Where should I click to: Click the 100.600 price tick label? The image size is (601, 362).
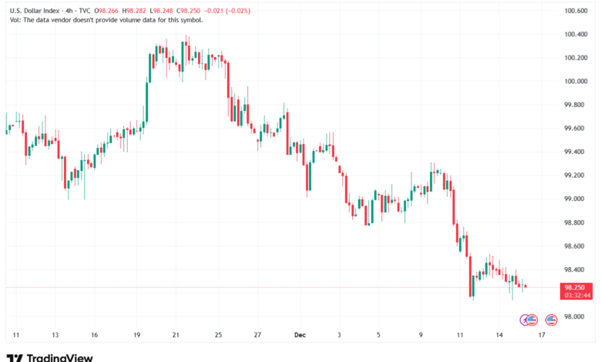click(576, 11)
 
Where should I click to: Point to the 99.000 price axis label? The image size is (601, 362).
click(576, 199)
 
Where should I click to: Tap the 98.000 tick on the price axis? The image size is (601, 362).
click(576, 317)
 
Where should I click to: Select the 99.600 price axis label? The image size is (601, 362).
click(576, 128)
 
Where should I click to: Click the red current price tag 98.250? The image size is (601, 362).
click(576, 287)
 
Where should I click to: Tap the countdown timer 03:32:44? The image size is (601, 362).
click(576, 295)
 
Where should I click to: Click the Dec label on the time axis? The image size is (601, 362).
click(300, 336)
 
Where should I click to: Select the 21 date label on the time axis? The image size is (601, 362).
click(176, 336)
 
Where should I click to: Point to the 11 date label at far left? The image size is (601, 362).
click(16, 336)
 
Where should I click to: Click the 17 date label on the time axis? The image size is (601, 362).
click(542, 336)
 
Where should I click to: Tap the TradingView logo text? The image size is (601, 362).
click(59, 357)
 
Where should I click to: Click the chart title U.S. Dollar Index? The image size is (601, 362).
click(38, 11)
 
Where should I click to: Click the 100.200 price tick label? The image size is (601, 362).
click(576, 58)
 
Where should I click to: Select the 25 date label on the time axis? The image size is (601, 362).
click(219, 336)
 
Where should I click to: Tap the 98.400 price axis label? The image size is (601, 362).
click(576, 270)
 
